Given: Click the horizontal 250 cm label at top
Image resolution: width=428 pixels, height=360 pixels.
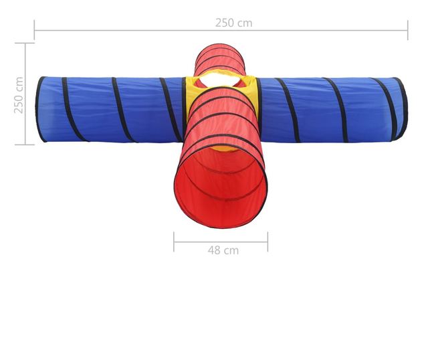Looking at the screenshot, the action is (233, 23).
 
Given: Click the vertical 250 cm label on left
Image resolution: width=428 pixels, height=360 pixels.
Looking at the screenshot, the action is (19, 95).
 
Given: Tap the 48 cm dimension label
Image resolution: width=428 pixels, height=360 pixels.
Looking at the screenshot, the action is (223, 250).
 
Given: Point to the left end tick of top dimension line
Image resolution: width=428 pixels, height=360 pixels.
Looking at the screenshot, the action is (34, 30).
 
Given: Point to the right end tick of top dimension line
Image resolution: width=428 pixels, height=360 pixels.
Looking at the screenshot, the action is (408, 30).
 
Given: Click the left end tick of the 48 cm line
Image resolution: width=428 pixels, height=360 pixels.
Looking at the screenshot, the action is (174, 242).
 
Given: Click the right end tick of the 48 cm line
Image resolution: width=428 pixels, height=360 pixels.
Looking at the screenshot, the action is (267, 242).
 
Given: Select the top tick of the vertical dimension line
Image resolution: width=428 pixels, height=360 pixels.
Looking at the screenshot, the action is (25, 43).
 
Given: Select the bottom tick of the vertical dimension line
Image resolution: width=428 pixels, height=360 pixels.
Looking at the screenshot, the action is (25, 145).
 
